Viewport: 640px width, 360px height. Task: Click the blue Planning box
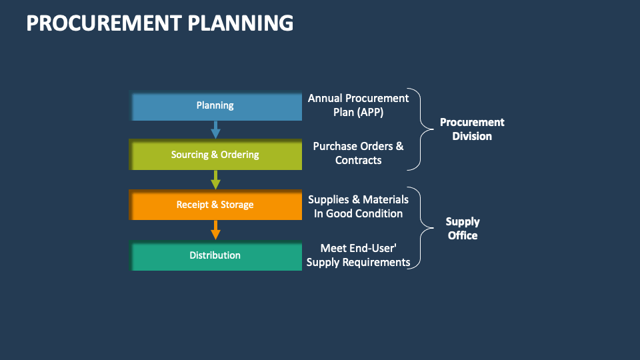point(215,106)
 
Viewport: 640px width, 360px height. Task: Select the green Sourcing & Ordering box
point(215,155)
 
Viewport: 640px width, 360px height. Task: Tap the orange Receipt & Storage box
point(215,205)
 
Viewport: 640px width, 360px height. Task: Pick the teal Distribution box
point(215,255)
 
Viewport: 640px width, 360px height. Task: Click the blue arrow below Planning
point(215,129)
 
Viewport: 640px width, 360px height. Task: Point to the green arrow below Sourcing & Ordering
point(215,179)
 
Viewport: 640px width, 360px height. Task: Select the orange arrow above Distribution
point(215,230)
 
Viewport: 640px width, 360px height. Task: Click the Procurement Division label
point(472,129)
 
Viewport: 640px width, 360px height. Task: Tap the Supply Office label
point(463,229)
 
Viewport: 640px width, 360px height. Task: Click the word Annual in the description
point(324,98)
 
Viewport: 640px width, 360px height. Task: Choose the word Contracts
point(358,160)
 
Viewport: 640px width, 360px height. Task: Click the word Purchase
point(335,146)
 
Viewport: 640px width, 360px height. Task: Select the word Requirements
point(376,262)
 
